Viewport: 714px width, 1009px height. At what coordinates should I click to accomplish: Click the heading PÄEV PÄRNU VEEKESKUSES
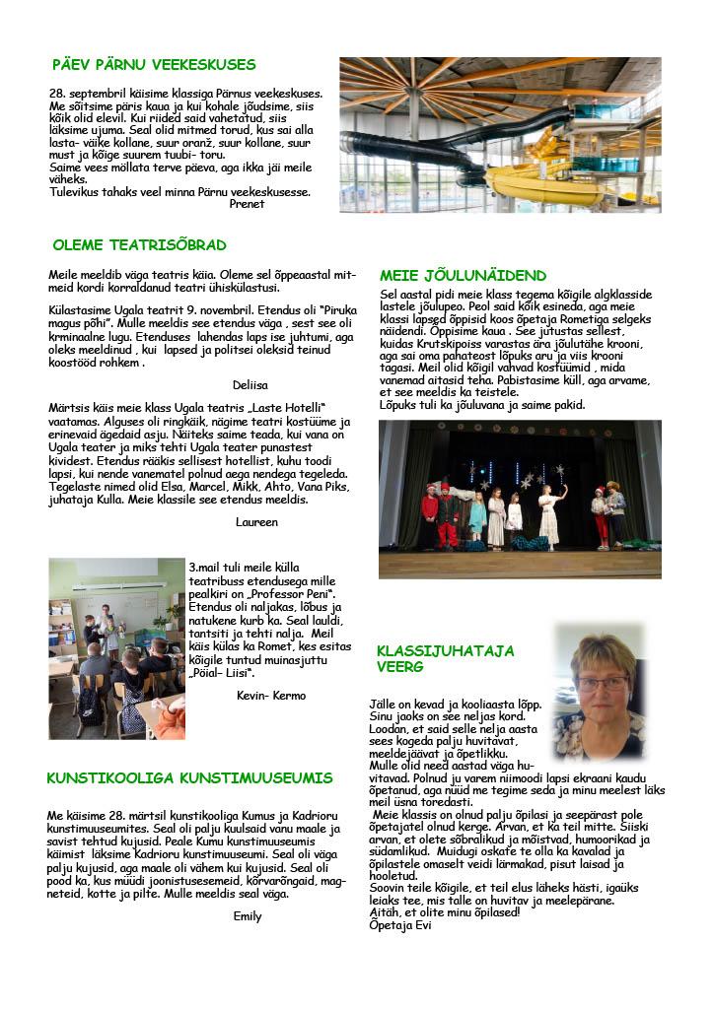[154, 65]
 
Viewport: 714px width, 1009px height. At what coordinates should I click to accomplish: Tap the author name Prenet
[247, 204]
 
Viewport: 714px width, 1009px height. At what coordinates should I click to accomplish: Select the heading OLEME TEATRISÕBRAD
[139, 245]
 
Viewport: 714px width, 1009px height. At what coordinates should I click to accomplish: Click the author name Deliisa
[250, 384]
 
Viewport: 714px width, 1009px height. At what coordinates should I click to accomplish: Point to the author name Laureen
[256, 521]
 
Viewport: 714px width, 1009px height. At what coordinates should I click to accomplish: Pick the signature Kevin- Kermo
[271, 695]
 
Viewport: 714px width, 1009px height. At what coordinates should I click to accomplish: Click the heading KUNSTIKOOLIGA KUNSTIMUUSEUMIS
[189, 778]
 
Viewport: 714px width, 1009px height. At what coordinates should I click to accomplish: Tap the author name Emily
[247, 915]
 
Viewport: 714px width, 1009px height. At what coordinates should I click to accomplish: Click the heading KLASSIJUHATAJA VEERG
[445, 658]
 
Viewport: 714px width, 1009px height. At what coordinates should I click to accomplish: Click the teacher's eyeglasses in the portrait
[602, 682]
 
